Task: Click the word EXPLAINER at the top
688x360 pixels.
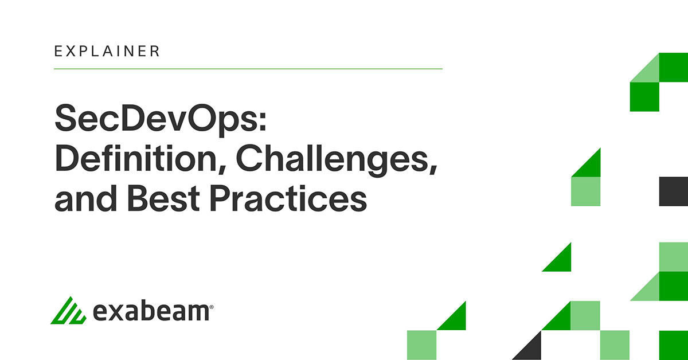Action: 107,51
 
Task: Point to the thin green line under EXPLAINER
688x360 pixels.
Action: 248,69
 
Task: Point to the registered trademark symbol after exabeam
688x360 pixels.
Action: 212,307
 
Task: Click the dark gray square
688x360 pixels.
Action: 673,191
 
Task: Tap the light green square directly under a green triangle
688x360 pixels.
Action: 585,191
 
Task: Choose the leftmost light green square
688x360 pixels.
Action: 422,345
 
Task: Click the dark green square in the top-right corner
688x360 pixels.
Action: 673,67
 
